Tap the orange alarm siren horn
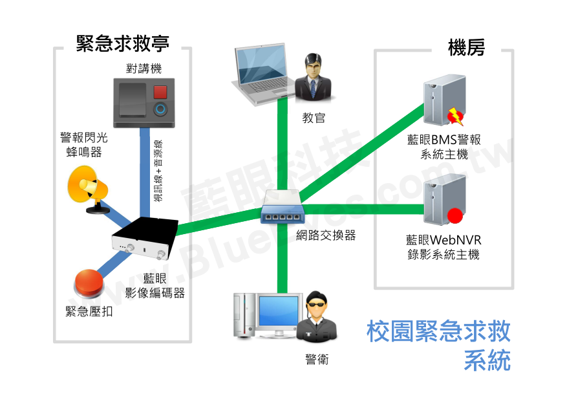point(89,186)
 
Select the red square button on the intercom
point(160,91)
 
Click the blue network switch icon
point(282,211)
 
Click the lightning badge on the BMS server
point(456,115)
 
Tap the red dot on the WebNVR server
point(456,215)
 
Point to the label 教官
point(314,118)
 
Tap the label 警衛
point(317,360)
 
